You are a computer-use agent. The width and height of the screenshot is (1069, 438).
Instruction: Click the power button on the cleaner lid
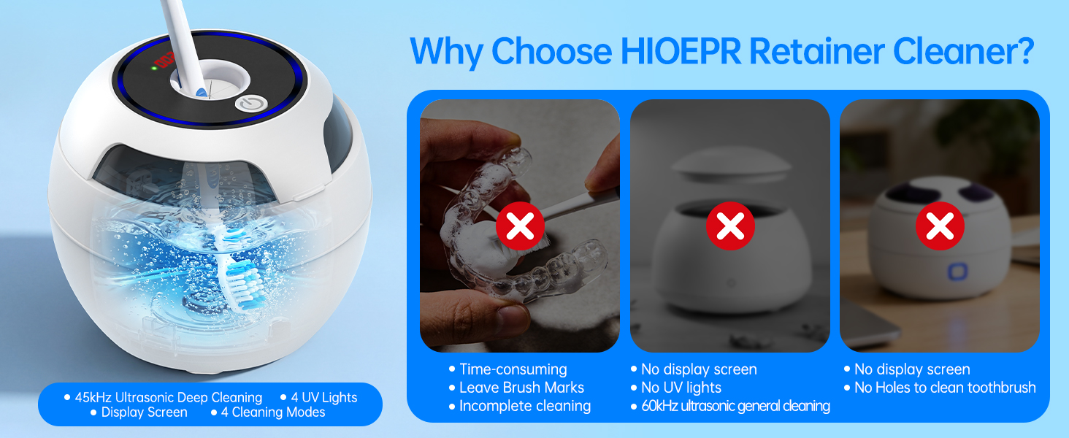point(251,104)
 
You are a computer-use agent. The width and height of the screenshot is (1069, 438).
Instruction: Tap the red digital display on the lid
point(164,60)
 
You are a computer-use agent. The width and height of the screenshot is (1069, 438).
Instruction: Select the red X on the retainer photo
point(520,226)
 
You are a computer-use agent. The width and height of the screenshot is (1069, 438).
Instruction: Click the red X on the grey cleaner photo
point(730,226)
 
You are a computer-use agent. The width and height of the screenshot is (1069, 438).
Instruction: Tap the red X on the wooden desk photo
point(940,226)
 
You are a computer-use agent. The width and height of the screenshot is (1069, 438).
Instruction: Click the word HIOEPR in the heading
point(681,51)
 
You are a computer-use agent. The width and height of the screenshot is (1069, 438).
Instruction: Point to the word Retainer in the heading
point(816,51)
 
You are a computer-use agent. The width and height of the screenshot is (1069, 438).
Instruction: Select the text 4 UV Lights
point(324,397)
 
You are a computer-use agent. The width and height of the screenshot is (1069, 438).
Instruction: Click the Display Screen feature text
point(144,412)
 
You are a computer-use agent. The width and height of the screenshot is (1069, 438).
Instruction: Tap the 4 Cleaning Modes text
point(273,412)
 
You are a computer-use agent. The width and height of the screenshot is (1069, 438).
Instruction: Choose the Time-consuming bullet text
point(513,369)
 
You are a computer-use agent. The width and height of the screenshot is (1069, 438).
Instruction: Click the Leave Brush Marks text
point(521,388)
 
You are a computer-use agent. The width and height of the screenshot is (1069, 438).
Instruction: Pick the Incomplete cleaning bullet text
point(525,406)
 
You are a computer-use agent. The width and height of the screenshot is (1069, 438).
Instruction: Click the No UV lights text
point(681,388)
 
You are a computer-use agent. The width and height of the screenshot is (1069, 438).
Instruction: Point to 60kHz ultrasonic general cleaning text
point(735,406)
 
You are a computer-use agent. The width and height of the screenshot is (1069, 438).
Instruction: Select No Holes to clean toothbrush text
point(945,388)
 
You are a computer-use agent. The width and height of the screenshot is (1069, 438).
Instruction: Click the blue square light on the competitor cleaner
point(957,272)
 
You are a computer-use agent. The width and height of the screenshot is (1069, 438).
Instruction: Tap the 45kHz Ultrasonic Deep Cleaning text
point(169,397)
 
